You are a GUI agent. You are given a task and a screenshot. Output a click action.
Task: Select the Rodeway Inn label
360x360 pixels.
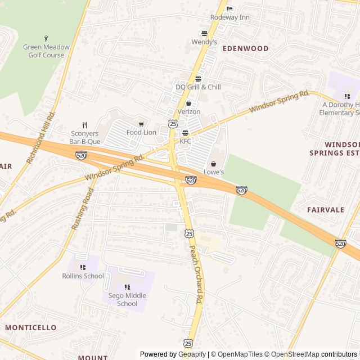[x=229, y=17]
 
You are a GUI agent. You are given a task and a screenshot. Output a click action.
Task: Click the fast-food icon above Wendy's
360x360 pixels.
[x=204, y=33]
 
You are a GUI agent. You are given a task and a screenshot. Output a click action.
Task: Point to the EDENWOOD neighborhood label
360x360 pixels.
[x=245, y=49]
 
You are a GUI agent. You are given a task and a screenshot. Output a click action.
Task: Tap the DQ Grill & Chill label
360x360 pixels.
[x=198, y=87]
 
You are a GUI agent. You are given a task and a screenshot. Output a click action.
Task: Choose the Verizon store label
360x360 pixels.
[x=188, y=112]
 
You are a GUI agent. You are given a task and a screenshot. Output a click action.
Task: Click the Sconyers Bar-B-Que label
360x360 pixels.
[x=84, y=138]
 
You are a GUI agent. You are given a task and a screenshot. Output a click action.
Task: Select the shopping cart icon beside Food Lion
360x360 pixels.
[x=141, y=124]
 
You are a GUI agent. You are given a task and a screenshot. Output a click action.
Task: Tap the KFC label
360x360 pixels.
[x=185, y=141]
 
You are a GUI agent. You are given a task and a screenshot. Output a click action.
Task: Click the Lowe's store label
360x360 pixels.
[x=213, y=172]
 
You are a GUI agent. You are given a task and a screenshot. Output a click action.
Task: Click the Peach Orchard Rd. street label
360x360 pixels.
[x=195, y=274]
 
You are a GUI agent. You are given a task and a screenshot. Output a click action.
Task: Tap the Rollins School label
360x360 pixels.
[x=83, y=276]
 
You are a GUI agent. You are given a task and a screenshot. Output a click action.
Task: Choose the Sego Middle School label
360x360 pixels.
[x=127, y=300]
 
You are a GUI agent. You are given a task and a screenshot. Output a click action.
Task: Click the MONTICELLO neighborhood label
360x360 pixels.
[x=30, y=327]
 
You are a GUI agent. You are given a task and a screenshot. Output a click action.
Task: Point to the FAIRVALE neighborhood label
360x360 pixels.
[x=325, y=210]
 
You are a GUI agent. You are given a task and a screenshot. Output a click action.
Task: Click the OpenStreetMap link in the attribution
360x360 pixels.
[x=292, y=354]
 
